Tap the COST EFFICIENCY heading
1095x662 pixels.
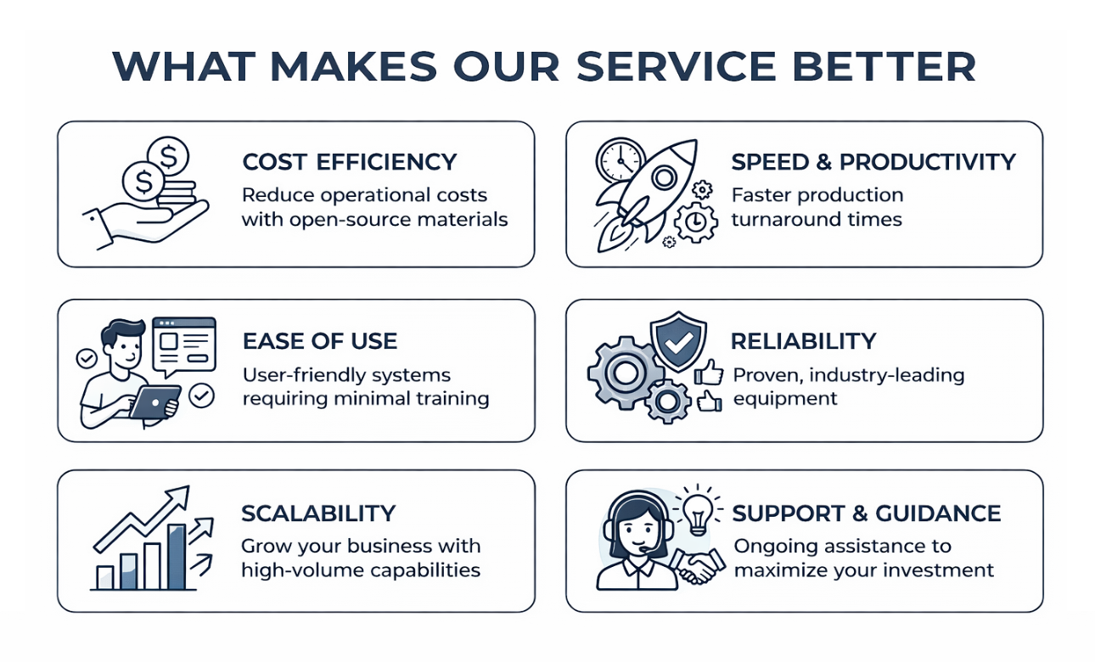click(x=350, y=162)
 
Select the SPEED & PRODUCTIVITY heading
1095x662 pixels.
click(x=873, y=162)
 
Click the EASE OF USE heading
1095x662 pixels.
click(x=320, y=341)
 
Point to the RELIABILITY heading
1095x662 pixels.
click(x=803, y=341)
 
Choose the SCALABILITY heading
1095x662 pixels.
click(x=318, y=513)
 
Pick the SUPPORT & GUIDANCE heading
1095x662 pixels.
click(x=867, y=513)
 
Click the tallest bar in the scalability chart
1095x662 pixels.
click(x=177, y=556)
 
